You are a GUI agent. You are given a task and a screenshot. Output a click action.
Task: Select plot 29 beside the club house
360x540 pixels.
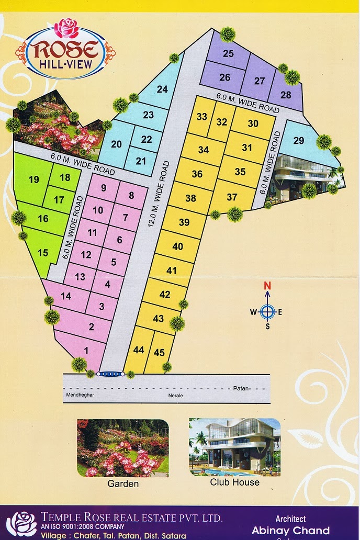(298, 141)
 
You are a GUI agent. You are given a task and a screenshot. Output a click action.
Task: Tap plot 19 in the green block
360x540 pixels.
(34, 180)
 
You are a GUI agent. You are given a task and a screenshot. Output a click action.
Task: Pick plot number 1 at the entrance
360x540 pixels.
(86, 351)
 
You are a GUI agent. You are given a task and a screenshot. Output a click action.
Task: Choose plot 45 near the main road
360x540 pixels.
(159, 352)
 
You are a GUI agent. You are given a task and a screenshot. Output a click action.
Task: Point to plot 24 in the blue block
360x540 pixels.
(162, 89)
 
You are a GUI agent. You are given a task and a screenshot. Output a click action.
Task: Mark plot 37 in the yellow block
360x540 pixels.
(232, 197)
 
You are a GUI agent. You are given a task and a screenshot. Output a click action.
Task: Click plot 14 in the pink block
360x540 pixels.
(66, 296)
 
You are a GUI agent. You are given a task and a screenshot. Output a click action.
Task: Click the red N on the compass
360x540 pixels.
(267, 286)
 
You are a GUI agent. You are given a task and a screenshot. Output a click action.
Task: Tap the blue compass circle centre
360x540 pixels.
(267, 312)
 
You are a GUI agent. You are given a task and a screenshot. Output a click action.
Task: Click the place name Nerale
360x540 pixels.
(175, 396)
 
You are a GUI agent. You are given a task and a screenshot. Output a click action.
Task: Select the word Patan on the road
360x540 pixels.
(241, 389)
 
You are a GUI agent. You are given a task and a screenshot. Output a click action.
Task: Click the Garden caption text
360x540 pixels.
(123, 484)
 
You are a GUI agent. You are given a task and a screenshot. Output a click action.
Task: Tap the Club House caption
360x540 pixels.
(234, 482)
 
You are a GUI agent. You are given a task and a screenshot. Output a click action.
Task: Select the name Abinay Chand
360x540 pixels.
(290, 531)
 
